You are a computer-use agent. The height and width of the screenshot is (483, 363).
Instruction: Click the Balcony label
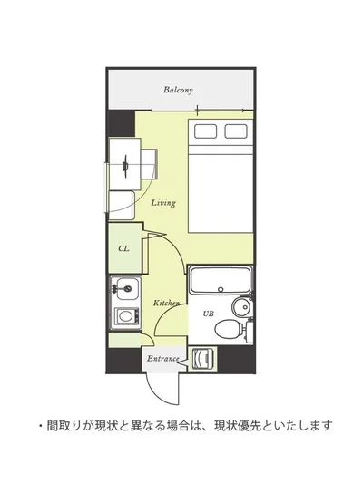[178, 90]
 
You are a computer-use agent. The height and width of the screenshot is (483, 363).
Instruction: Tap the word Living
[163, 203]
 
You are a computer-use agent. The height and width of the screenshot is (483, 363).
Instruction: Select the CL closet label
[123, 248]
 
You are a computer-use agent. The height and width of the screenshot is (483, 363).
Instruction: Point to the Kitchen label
[166, 303]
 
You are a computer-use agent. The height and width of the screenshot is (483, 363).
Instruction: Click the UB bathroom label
[208, 314]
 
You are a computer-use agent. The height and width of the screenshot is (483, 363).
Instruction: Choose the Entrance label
[162, 359]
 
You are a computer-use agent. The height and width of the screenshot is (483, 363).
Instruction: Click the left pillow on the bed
[205, 131]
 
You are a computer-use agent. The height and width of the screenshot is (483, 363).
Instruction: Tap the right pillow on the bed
[236, 131]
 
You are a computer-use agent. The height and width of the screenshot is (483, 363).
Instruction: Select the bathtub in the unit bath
[221, 280]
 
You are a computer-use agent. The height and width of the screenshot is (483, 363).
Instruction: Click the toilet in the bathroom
[229, 328]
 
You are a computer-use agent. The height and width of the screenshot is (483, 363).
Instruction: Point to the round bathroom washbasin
[241, 307]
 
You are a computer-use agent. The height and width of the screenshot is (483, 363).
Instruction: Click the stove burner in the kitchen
[125, 316]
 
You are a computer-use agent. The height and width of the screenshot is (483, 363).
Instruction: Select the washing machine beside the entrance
[201, 359]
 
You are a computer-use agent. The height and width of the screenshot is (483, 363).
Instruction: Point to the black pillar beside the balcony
[121, 123]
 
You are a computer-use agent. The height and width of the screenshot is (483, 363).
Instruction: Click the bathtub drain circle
[221, 289]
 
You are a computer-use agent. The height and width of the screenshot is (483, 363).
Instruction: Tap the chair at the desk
[149, 164]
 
